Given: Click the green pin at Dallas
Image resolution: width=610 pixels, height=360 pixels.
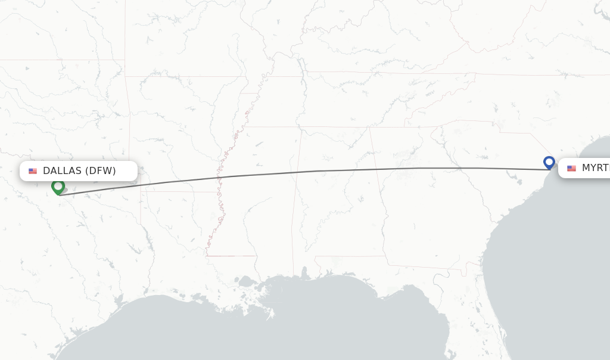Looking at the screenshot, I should (58, 187).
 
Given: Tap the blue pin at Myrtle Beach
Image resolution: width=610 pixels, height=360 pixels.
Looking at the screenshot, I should (549, 162).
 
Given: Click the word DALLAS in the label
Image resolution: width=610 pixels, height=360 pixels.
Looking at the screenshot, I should (62, 171).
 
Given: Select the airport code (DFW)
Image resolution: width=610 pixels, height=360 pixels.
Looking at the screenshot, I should (101, 171).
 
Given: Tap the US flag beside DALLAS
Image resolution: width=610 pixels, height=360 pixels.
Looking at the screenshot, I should (33, 171).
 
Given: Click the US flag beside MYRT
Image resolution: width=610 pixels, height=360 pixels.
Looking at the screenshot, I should (571, 169).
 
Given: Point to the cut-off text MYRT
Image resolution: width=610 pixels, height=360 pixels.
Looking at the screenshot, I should (595, 168).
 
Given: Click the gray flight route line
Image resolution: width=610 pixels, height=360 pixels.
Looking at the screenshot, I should (316, 171).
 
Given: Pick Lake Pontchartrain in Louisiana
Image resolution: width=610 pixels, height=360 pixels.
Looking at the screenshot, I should (245, 280).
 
